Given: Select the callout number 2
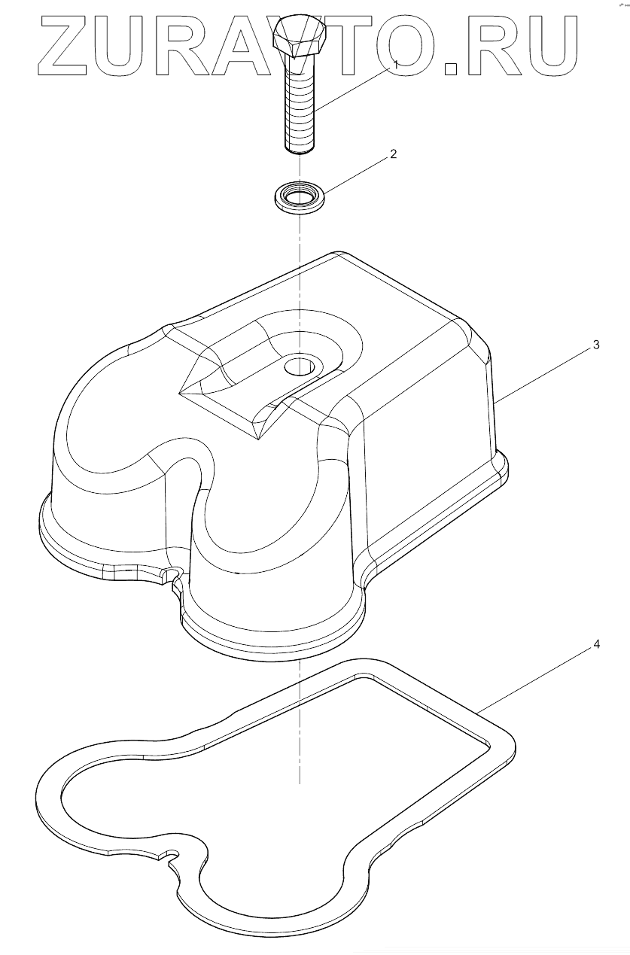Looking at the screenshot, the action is pos(393,154).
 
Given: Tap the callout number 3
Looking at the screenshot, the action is pos(595,345).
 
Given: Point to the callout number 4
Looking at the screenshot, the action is pos(595,644).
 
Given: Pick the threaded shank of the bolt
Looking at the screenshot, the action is pos(300,113).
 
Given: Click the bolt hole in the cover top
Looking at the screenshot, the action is pos(300,367).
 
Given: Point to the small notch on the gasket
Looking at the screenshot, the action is pos(172,856).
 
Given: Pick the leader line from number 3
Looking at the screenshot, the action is pos(542,376).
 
